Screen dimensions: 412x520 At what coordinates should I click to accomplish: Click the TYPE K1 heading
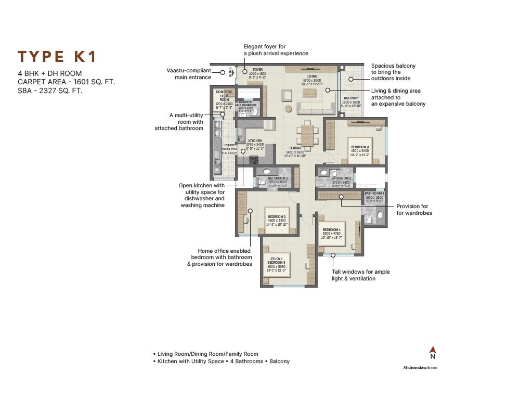click(x=57, y=57)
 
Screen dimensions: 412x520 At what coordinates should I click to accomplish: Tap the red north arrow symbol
click(x=432, y=350)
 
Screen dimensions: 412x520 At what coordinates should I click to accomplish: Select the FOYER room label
click(x=258, y=69)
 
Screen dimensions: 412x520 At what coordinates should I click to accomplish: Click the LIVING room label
click(x=311, y=76)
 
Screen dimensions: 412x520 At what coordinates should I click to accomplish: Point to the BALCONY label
click(x=351, y=98)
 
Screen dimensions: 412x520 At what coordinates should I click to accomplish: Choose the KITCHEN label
click(x=255, y=141)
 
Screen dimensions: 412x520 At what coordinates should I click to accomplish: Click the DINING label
click(x=296, y=148)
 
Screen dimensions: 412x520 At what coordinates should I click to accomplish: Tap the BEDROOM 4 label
click(x=360, y=147)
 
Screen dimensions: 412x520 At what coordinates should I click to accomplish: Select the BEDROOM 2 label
click(x=276, y=216)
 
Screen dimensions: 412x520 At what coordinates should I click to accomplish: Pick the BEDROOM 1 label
click(x=331, y=229)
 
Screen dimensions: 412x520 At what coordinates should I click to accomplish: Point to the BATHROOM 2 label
click(x=278, y=178)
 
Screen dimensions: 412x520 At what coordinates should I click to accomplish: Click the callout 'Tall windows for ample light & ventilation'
click(x=360, y=275)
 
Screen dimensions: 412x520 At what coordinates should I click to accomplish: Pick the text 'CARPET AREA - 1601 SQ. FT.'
click(x=66, y=82)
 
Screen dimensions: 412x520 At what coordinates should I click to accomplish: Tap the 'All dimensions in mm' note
click(x=422, y=368)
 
